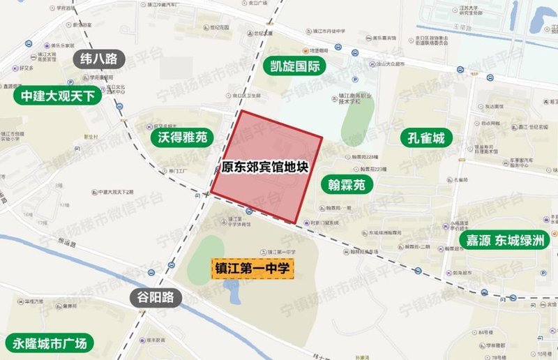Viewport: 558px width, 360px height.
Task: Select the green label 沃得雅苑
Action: pyautogui.click(x=179, y=137)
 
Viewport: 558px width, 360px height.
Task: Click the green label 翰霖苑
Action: pyautogui.click(x=346, y=185)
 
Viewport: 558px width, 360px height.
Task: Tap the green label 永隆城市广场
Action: pyautogui.click(x=50, y=344)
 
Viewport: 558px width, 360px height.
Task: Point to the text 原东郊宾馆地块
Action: pyautogui.click(x=264, y=167)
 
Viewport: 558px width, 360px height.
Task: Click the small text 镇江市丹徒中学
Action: pyautogui.click(x=325, y=31)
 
